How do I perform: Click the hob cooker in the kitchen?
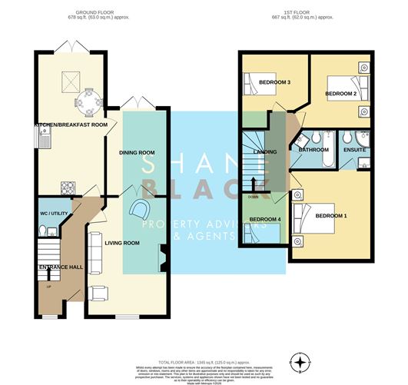point(67,186)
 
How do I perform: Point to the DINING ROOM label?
point(137,153)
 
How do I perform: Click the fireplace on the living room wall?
point(163,256)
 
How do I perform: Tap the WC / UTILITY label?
point(55,214)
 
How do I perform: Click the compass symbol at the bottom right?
point(300,360)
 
